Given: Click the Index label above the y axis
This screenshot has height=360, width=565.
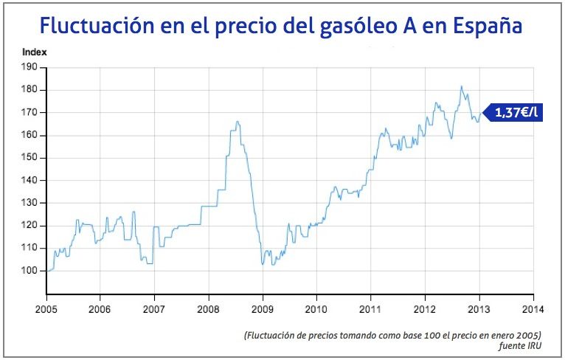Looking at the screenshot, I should tap(34, 52).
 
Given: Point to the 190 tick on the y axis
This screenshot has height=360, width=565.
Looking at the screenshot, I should tap(30, 67).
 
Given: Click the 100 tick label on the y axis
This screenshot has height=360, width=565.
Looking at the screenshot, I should tap(30, 271).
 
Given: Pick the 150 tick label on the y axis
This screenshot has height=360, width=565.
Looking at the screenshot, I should tap(30, 158).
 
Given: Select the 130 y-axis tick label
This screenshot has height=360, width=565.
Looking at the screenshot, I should tap(30, 203).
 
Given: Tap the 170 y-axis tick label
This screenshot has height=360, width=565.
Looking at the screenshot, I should tap(30, 113).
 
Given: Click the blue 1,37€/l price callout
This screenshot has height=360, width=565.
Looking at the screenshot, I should tap(515, 113).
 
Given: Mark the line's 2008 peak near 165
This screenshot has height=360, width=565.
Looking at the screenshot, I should tap(237, 122).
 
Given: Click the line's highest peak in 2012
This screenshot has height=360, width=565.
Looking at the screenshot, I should tap(461, 86).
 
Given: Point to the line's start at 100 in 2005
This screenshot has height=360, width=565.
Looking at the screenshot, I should tap(47, 271).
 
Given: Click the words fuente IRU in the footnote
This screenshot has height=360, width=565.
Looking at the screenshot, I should tap(521, 346).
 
